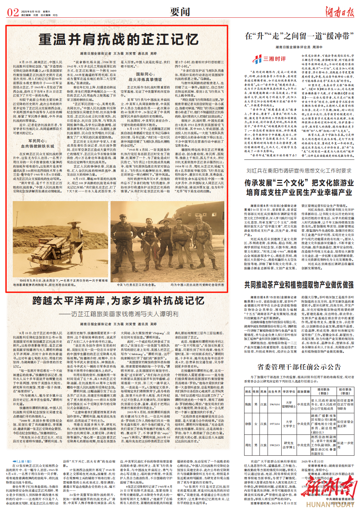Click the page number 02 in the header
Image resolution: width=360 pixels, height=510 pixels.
coord(13,12)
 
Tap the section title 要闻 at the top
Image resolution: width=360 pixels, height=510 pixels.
coord(180,12)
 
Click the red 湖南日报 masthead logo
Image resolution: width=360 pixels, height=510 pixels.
coord(340,12)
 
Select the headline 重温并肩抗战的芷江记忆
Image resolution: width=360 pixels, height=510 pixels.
coord(118,39)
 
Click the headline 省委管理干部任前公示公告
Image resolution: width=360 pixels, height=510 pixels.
coord(299,366)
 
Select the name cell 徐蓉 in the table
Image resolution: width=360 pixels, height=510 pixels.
coord(248,423)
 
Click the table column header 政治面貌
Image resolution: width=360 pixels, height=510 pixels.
coord(303,392)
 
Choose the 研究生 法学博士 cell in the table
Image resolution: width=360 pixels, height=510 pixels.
coord(288,445)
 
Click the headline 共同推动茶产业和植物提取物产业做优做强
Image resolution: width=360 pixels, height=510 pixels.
coord(299,284)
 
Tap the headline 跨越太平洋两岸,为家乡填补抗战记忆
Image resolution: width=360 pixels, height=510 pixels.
coord(118,301)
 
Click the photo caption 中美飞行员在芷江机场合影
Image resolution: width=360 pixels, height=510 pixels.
coord(136,285)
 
